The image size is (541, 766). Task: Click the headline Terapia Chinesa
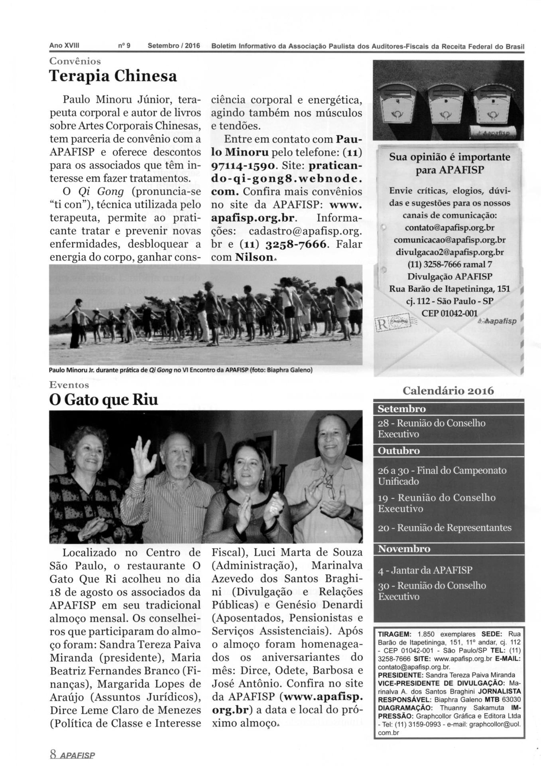click(113, 76)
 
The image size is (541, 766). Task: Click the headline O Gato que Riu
click(103, 400)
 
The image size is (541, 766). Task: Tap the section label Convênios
click(75, 61)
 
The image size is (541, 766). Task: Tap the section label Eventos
click(69, 385)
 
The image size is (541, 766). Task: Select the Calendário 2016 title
click(448, 391)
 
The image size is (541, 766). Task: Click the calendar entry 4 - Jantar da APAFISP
click(425, 570)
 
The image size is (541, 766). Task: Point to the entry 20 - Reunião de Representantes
click(444, 527)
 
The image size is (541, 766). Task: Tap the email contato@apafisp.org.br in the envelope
click(449, 228)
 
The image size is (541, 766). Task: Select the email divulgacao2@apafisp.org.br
click(449, 252)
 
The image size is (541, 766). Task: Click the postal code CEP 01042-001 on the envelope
click(449, 313)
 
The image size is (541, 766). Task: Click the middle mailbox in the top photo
click(444, 107)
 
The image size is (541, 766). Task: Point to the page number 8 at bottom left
click(53, 754)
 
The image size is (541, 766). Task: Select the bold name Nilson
click(254, 257)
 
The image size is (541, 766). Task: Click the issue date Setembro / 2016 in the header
click(173, 45)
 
